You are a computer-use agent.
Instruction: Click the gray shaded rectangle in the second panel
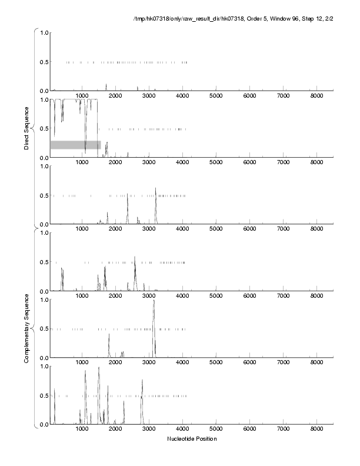tap(75, 145)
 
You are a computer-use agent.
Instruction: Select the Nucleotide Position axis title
tap(192, 439)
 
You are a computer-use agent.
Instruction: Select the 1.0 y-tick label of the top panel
tap(44, 32)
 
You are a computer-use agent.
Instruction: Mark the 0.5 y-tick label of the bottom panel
tap(44, 395)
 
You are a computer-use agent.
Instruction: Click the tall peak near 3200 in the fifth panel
tap(154, 302)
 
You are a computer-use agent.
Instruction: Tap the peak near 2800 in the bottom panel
tap(142, 381)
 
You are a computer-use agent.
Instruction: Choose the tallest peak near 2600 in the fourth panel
tap(135, 258)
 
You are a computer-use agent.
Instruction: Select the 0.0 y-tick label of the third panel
tap(44, 224)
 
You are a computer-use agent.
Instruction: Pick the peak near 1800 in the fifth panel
tap(109, 335)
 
